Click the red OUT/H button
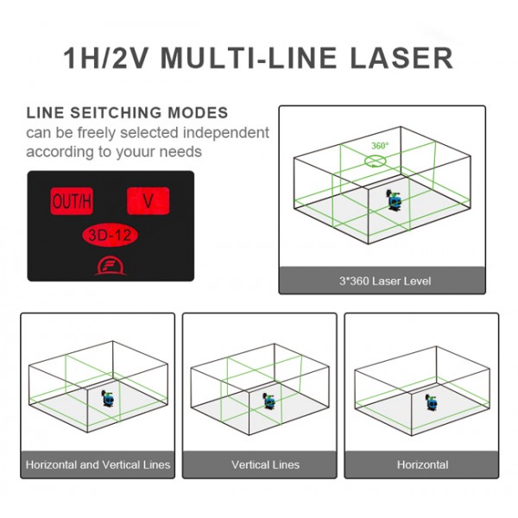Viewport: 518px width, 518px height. tap(72, 202)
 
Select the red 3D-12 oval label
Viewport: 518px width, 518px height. tap(110, 234)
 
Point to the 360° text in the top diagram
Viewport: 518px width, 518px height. tap(379, 146)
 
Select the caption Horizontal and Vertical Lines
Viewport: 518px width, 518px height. tap(98, 464)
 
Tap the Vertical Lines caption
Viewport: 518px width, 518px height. tap(265, 464)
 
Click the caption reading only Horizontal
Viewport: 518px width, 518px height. tap(422, 464)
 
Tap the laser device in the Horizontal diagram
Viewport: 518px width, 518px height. tap(430, 403)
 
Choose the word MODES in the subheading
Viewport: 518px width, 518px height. tap(199, 113)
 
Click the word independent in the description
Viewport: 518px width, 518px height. tap(227, 133)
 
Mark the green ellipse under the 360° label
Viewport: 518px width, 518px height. tap(377, 161)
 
